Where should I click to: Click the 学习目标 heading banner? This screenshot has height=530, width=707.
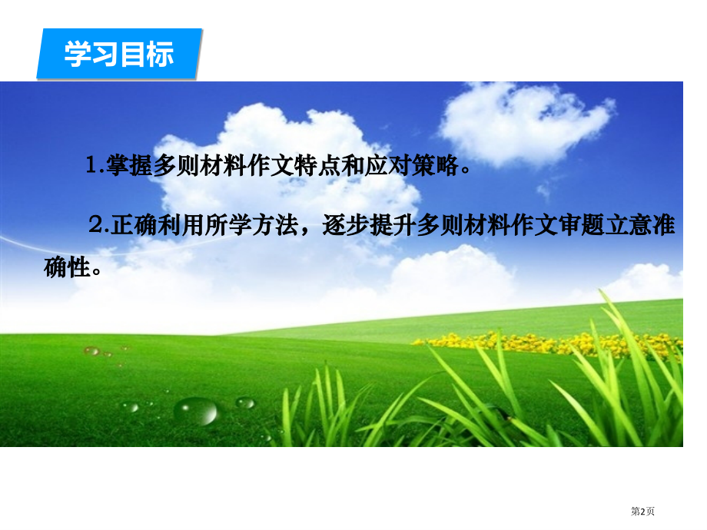tap(119, 55)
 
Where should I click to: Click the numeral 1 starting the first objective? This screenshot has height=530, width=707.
tap(93, 167)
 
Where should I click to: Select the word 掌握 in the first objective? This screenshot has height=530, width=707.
tap(128, 167)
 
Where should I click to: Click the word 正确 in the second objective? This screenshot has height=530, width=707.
tap(132, 225)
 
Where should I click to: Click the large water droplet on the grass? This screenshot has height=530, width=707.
tap(195, 411)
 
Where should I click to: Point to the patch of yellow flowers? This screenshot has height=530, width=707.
tap(538, 343)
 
